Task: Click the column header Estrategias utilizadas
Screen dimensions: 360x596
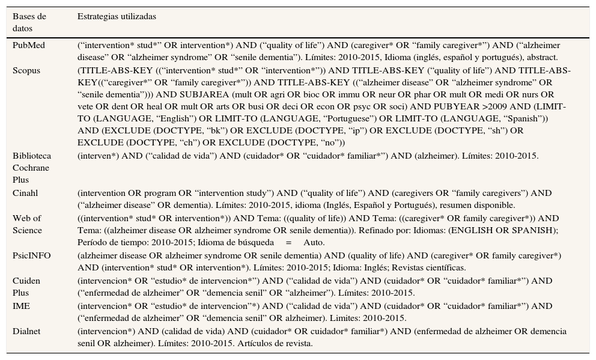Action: (x=117, y=16)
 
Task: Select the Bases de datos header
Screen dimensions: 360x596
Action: (x=29, y=22)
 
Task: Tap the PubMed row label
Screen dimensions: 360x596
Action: (x=29, y=46)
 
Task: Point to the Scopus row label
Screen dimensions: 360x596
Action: (x=26, y=70)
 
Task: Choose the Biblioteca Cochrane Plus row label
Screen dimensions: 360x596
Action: (x=31, y=168)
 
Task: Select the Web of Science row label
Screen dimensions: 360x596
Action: (x=28, y=224)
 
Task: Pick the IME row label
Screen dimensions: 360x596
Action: (x=22, y=306)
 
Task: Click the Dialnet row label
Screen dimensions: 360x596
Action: (x=28, y=331)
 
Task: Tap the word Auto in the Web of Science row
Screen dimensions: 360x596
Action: (x=314, y=243)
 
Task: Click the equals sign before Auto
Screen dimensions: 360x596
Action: (x=288, y=243)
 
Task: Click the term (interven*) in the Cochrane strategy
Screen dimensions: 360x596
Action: (x=97, y=156)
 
